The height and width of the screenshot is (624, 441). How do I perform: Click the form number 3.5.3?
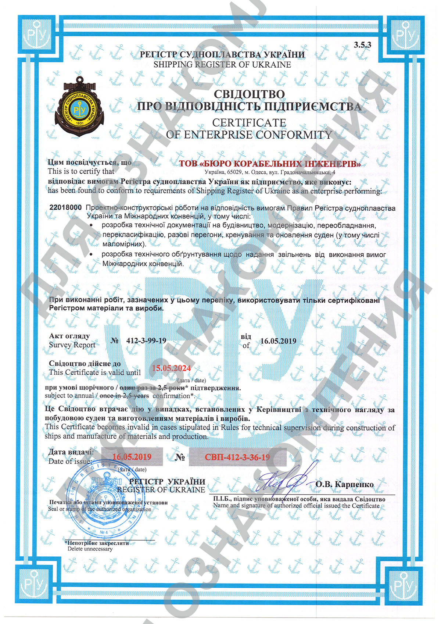click(362, 45)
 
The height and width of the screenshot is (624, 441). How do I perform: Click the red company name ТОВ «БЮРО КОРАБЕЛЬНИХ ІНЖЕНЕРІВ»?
click(270, 164)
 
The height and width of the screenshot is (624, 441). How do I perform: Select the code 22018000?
click(65, 208)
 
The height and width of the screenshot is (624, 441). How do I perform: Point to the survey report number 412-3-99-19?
click(146, 340)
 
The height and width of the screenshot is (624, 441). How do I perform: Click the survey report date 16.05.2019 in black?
click(278, 341)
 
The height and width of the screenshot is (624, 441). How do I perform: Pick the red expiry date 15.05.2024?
click(171, 368)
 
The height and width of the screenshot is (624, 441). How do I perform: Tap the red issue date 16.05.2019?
click(132, 457)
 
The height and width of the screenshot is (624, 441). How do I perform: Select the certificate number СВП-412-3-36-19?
click(237, 457)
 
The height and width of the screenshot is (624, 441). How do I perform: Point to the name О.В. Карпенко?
click(344, 484)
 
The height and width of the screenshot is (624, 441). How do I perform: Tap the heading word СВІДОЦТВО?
click(249, 94)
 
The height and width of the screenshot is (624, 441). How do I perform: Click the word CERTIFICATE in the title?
click(249, 122)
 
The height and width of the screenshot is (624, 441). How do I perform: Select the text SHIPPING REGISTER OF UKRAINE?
click(222, 65)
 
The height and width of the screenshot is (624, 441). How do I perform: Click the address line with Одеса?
click(270, 172)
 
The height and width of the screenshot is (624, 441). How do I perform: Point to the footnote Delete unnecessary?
click(90, 549)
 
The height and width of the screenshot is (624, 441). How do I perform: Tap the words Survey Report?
click(72, 345)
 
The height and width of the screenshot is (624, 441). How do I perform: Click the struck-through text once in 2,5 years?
click(124, 396)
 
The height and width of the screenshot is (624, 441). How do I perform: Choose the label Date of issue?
click(70, 461)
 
